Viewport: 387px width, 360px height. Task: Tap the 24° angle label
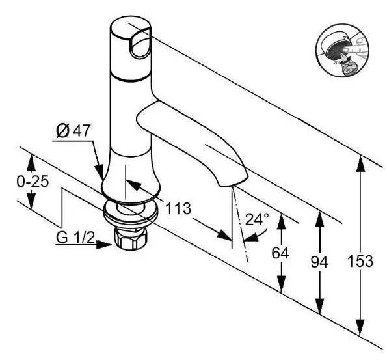[x=256, y=219]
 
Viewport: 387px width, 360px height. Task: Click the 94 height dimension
[x=319, y=261]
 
